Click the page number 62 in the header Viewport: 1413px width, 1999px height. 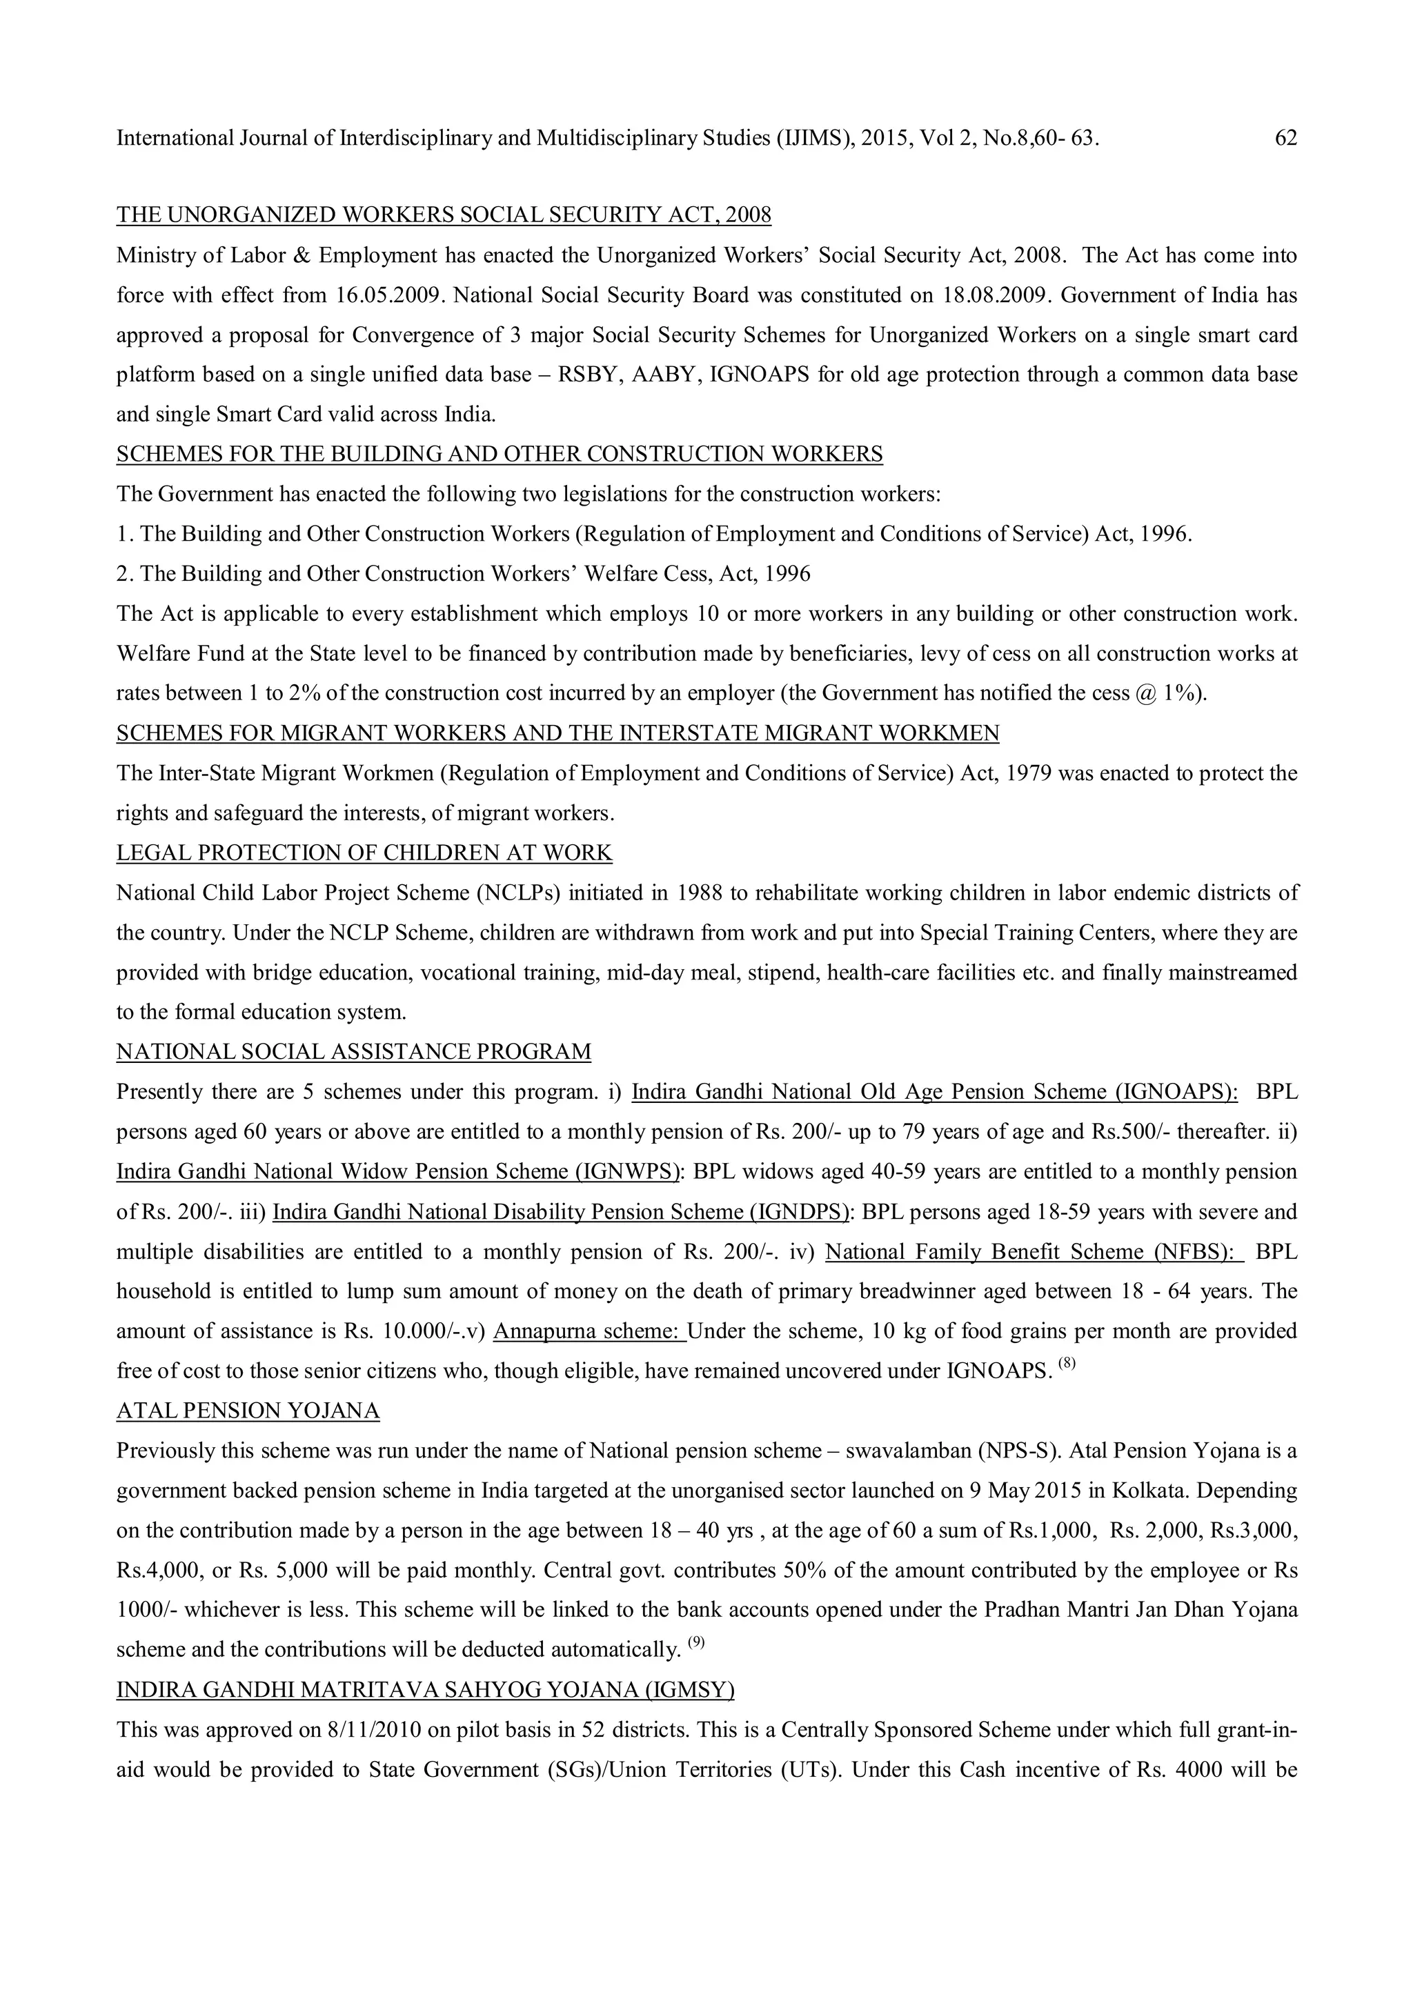coord(1285,139)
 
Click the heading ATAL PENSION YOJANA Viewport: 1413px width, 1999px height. coord(248,1411)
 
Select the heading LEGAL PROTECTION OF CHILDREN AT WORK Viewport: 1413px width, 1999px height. coord(364,853)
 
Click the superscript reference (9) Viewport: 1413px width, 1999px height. coord(695,1643)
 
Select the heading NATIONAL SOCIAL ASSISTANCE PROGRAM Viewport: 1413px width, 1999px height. coord(353,1052)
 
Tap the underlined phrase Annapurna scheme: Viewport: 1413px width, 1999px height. coord(589,1331)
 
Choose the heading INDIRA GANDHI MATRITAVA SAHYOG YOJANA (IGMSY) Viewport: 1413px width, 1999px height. coord(425,1690)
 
